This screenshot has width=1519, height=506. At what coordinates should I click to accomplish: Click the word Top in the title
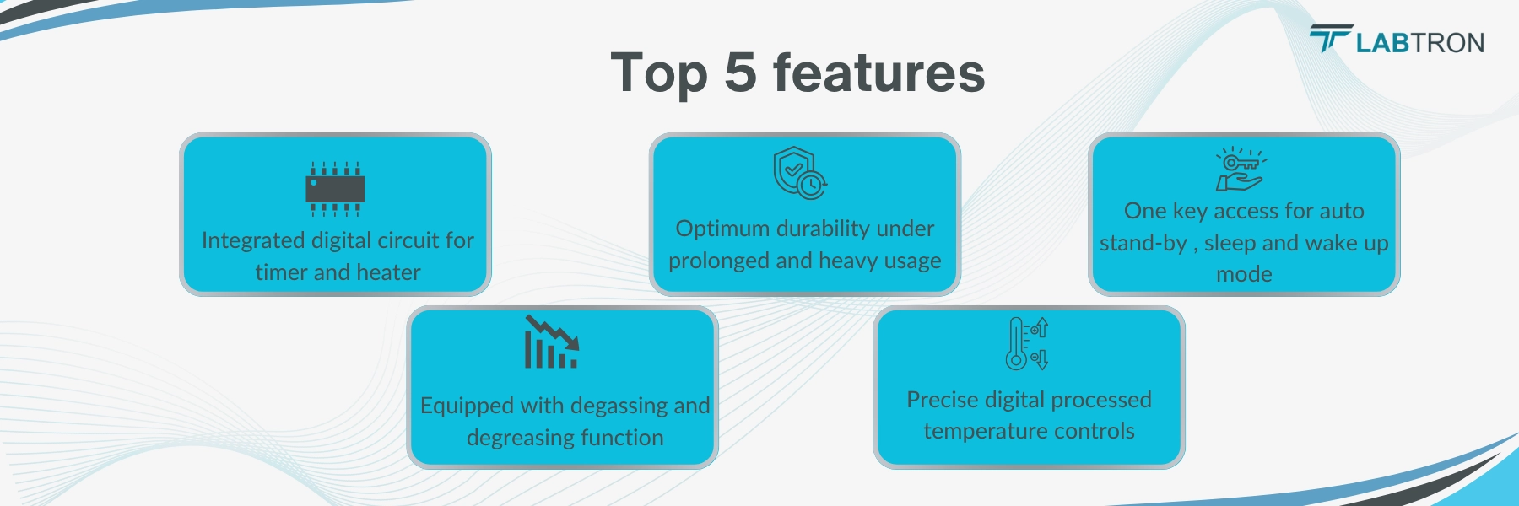coord(658,74)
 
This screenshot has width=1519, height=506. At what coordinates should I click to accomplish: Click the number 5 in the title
coord(740,73)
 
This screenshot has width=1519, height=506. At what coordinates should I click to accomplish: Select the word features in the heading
coord(878,73)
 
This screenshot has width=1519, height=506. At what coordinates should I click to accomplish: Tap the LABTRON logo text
coord(1419,43)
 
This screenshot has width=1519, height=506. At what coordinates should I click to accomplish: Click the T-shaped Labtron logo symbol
coord(1331,38)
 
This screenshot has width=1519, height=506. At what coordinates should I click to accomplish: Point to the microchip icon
coord(335,189)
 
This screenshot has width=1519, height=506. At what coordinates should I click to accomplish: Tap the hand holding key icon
coord(1240,170)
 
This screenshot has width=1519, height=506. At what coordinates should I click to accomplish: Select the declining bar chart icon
coord(552,342)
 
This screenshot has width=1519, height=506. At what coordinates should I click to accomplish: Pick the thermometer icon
coord(1026,344)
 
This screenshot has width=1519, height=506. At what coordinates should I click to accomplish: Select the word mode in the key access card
coord(1244,275)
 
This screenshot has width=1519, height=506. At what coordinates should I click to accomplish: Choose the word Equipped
coord(467,406)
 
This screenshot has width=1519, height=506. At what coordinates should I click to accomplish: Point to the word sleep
coord(1230,244)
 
